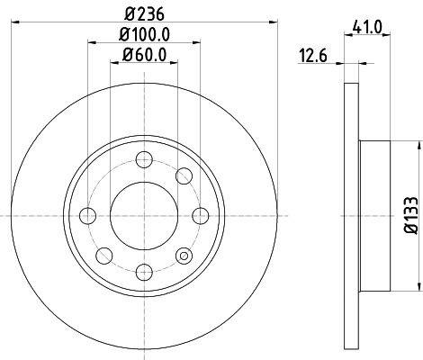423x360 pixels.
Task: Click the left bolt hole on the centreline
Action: (x=88, y=215)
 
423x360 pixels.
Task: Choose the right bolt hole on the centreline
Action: (x=197, y=215)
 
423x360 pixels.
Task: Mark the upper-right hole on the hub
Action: (x=184, y=176)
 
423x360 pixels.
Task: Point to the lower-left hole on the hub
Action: (x=104, y=254)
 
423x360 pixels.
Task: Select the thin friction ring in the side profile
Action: (x=351, y=215)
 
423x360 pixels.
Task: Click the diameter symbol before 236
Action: (x=123, y=12)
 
